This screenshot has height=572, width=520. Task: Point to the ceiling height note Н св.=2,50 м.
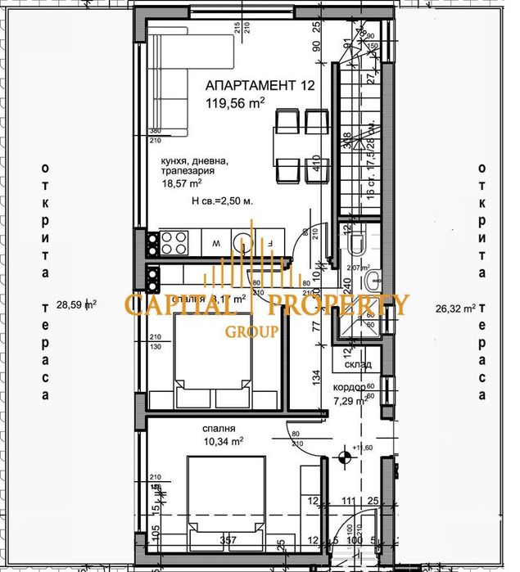coord(222,200)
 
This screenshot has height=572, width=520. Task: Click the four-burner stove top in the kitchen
coord(174,242)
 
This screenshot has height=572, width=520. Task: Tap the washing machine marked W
coord(215,243)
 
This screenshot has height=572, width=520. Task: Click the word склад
coord(359,364)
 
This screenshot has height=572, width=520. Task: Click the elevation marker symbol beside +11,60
coord(344,448)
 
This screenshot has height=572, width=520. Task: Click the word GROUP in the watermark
coord(252,331)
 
